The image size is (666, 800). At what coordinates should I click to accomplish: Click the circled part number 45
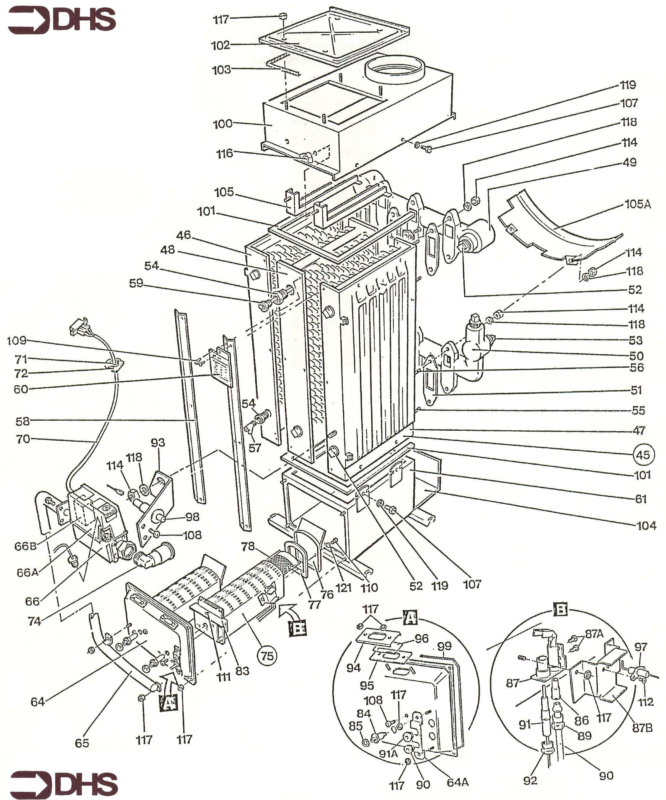[644, 455]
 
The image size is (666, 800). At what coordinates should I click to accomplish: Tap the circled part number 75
[267, 656]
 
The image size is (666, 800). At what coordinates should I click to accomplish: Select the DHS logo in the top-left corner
[62, 21]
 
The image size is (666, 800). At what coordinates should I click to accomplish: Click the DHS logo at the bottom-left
[64, 784]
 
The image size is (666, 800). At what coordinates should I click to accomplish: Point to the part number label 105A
[638, 204]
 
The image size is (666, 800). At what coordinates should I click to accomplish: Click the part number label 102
[221, 45]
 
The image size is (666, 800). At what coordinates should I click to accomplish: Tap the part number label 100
[223, 124]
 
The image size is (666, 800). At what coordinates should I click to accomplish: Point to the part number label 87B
[642, 728]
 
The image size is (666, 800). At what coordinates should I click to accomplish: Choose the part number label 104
[647, 526]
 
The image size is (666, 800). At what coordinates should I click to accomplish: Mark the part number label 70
[23, 439]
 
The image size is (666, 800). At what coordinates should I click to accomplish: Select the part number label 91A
[388, 753]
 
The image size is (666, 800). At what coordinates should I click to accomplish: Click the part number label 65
[82, 743]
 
